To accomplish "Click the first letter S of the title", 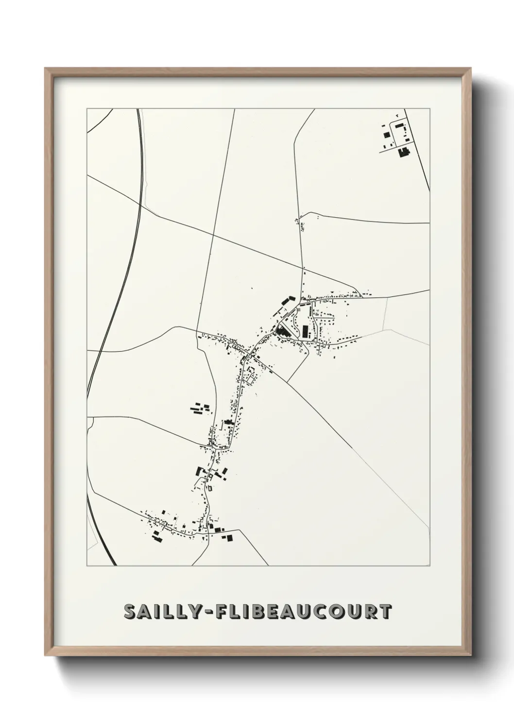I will click(131, 612).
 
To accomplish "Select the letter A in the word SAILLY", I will click(148, 612).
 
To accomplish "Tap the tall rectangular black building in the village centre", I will click(305, 332).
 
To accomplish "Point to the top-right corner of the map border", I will click(430, 109).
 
